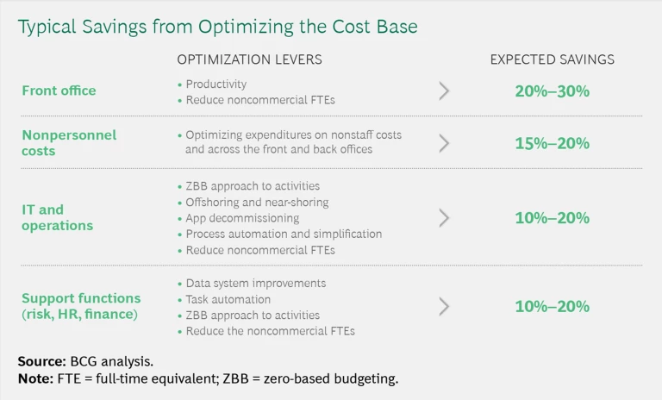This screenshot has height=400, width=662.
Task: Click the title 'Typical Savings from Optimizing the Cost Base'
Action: tap(217, 27)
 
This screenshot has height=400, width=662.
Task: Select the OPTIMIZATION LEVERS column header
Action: tap(249, 59)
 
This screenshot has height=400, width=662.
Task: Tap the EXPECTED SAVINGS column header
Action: tap(552, 59)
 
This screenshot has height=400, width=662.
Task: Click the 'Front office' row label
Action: tap(59, 91)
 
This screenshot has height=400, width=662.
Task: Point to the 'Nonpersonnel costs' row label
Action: tap(69, 143)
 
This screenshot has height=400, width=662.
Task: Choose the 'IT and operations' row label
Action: tap(57, 217)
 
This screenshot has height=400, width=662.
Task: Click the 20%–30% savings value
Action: tap(552, 91)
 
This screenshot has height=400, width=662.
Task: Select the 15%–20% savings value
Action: tap(552, 143)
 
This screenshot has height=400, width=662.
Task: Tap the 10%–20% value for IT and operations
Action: tap(552, 218)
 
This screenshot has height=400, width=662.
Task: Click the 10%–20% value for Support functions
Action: tap(552, 306)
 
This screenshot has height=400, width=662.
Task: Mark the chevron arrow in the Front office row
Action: tap(444, 91)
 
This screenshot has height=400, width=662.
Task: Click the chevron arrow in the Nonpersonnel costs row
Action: tap(444, 143)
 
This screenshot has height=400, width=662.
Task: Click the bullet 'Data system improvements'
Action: tap(255, 283)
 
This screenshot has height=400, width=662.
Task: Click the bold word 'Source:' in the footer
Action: tap(43, 361)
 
